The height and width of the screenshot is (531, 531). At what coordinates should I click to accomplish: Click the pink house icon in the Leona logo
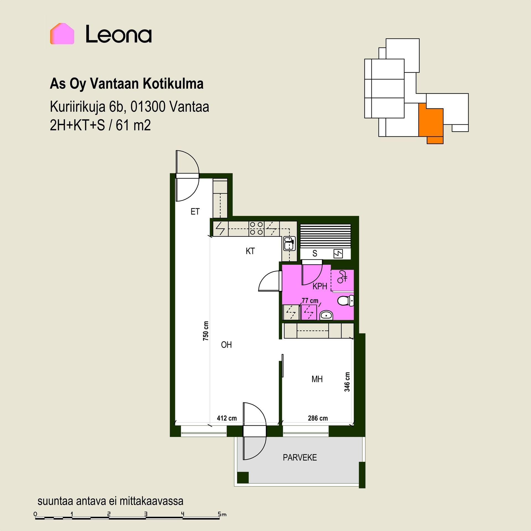[62, 34]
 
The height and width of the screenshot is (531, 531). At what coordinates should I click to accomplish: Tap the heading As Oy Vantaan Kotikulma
[127, 84]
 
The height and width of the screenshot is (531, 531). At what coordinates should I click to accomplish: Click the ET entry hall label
[195, 212]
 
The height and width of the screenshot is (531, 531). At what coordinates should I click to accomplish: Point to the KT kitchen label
[250, 251]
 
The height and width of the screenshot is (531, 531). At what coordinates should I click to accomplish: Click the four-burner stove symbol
[256, 228]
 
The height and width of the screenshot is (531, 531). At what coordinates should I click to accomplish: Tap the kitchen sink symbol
[289, 243]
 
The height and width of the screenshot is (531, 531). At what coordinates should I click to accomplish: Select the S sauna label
[315, 253]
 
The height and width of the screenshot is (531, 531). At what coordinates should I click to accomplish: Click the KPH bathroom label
[320, 286]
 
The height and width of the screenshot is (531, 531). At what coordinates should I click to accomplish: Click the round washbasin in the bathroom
[327, 315]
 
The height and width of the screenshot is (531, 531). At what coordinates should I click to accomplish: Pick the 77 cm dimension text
[310, 301]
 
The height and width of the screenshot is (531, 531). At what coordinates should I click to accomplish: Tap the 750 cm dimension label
[206, 331]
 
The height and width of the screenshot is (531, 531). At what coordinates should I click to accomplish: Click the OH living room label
[226, 345]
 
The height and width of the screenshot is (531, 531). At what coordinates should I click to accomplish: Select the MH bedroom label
[317, 379]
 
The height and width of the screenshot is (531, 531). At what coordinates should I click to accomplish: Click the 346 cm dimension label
[347, 382]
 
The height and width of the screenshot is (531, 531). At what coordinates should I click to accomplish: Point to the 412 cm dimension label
[227, 418]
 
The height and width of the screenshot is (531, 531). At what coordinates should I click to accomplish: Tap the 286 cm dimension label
[318, 418]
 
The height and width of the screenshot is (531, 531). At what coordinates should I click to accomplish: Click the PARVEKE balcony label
[300, 457]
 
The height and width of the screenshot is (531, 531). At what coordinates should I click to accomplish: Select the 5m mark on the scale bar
[222, 514]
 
